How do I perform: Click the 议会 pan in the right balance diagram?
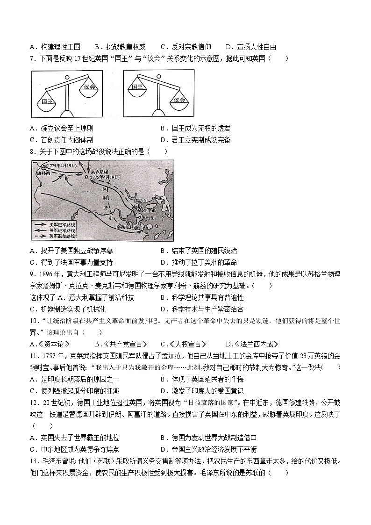[178, 100]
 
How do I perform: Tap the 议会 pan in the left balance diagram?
[88, 87]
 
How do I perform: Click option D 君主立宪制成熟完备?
[195, 140]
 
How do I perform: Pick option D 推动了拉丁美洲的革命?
[198, 262]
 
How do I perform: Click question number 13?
[34, 461]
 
